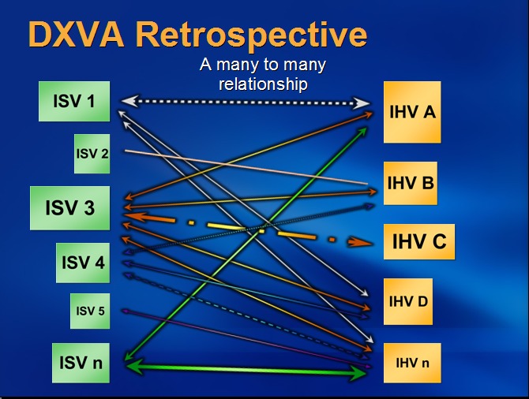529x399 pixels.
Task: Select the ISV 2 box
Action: point(92,153)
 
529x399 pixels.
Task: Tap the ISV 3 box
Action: point(69,208)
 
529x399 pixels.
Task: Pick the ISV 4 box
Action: point(82,263)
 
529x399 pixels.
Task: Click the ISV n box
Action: point(81,364)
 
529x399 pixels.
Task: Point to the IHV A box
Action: point(412,112)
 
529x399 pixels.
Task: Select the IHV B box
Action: point(411,184)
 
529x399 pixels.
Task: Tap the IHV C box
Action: point(418,241)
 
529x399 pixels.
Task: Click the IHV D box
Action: point(408,300)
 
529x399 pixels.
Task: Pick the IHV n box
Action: point(412,364)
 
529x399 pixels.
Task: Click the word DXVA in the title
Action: point(75,34)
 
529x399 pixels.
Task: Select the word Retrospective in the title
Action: point(250,34)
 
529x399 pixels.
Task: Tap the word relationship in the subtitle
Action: point(263,83)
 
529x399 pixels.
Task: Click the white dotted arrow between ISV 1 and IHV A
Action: point(245,102)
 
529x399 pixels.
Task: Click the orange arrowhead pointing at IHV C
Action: point(364,242)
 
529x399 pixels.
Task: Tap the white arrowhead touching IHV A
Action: point(363,103)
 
